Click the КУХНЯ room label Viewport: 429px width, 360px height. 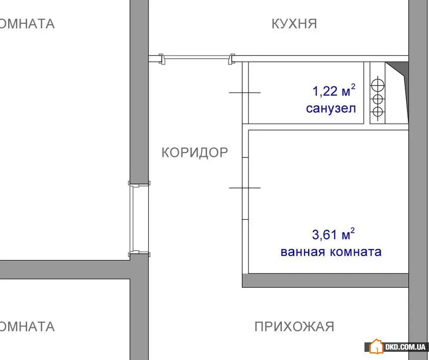[x=294, y=24]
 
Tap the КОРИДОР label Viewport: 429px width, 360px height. [x=195, y=152]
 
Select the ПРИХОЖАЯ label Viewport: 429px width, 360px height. [x=294, y=326]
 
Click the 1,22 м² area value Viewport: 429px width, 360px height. [x=334, y=91]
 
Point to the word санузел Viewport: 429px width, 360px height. [x=331, y=108]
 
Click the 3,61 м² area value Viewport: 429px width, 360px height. [x=333, y=234]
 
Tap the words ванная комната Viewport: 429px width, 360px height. [x=331, y=252]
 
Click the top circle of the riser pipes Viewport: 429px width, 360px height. [x=377, y=85]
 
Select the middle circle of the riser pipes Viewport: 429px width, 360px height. [x=377, y=99]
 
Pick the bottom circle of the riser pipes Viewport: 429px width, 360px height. [x=377, y=112]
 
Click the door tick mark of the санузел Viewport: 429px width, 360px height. [x=244, y=93]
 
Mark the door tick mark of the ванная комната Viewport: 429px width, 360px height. [x=244, y=188]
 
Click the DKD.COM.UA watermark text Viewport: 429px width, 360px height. [x=405, y=347]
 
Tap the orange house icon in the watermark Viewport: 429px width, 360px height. [x=376, y=347]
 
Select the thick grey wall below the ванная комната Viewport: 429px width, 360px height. [x=325, y=280]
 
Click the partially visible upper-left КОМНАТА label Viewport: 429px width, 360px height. [x=27, y=24]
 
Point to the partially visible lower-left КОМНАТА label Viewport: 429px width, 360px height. [x=27, y=326]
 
